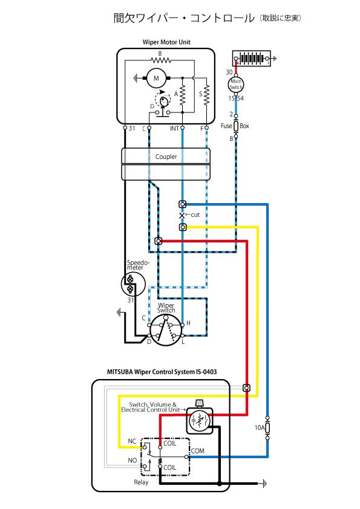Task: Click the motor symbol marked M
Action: point(156,78)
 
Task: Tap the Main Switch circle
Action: point(236,85)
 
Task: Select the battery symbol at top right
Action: point(252,59)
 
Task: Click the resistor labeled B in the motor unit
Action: point(161,60)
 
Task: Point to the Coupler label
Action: point(166,157)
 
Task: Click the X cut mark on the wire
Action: point(182,215)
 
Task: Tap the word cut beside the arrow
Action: point(195,215)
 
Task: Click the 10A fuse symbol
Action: point(267,428)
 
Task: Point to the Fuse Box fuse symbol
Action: point(236,126)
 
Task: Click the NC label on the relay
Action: point(132,441)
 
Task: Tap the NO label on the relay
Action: point(133,460)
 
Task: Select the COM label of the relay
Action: point(197,451)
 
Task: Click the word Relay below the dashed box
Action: point(141,482)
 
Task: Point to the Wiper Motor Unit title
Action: point(166,42)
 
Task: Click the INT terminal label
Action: point(174,129)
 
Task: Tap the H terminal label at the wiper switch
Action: point(188,323)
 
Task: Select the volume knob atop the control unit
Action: point(200,403)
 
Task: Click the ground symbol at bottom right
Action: point(264,484)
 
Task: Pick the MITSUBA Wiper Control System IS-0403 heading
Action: point(162,372)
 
